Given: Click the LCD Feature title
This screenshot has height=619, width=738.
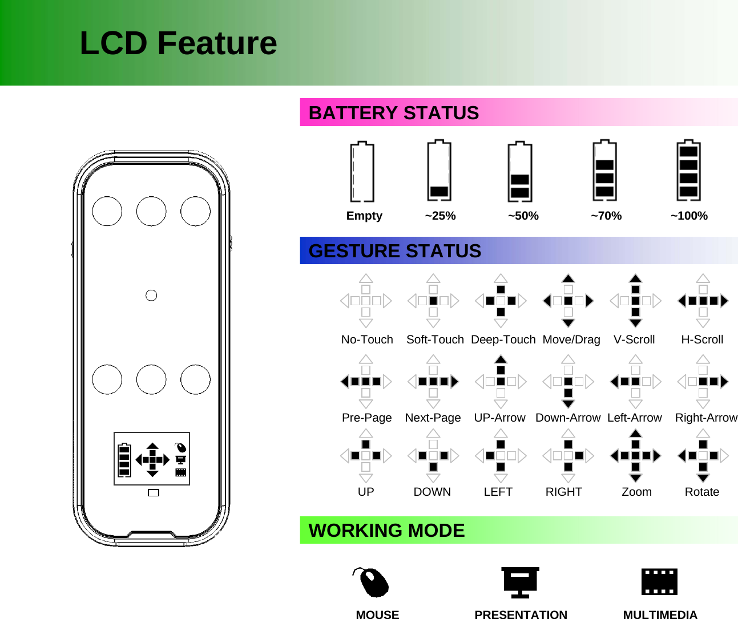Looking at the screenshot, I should click(178, 43).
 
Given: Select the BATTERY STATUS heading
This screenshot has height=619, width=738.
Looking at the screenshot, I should click(394, 113).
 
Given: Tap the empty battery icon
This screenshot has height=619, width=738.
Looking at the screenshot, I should click(362, 172).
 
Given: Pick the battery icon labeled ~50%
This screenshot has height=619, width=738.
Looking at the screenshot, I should click(520, 172).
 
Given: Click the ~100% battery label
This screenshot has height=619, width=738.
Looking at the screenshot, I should click(689, 216).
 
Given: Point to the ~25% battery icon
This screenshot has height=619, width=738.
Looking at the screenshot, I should click(439, 171).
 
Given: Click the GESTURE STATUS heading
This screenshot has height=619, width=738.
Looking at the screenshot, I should click(395, 251).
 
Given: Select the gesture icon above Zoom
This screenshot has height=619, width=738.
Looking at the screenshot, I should click(635, 455).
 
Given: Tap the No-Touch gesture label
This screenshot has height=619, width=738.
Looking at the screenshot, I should click(367, 339).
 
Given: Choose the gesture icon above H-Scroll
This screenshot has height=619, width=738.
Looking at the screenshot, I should click(703, 301).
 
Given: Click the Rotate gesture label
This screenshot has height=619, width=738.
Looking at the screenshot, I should click(701, 492).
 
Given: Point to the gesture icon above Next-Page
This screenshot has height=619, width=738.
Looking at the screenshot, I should click(433, 382).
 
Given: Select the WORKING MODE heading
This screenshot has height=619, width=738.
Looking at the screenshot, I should click(387, 531).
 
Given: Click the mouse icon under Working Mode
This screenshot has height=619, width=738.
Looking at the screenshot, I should click(372, 582).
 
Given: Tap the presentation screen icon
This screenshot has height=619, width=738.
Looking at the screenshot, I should click(520, 582).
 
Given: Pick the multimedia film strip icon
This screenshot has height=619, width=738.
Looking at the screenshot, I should click(659, 582).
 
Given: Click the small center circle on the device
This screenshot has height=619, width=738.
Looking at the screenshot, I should click(151, 295).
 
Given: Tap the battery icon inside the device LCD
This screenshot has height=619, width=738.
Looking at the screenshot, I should click(124, 460).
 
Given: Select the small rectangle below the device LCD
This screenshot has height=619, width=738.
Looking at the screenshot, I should click(153, 492).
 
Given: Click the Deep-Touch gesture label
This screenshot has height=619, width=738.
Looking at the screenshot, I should click(503, 339).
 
